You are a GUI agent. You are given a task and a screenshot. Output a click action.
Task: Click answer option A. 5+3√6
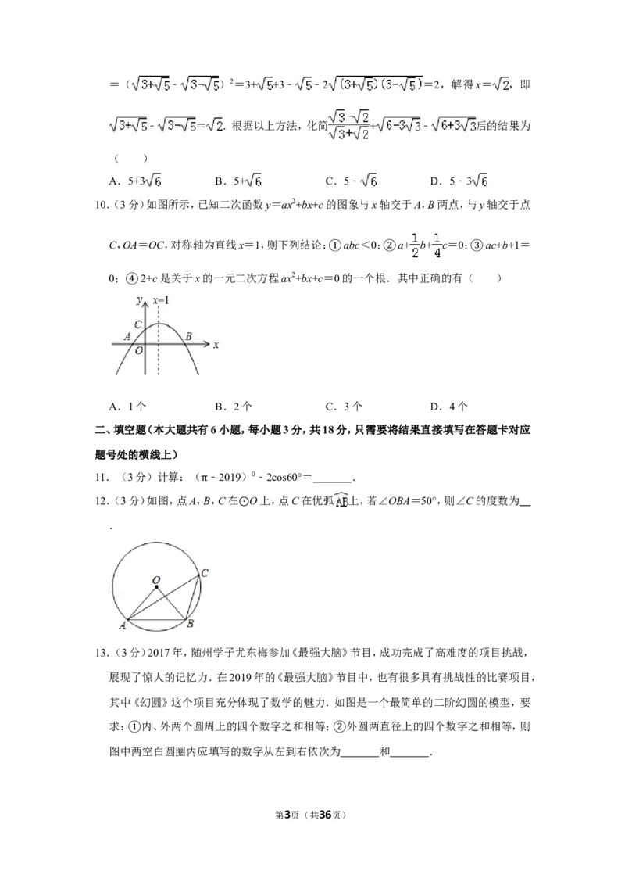point(135,181)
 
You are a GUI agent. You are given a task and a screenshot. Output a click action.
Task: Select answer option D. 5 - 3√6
point(459,181)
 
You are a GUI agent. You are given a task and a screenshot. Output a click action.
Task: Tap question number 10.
point(102,205)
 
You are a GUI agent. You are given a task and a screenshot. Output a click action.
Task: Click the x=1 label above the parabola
point(161,299)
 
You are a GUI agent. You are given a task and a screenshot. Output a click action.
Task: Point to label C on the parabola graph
point(137,324)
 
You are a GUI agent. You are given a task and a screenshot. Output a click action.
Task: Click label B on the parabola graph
point(188,336)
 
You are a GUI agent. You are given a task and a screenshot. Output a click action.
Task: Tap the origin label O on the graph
point(139,350)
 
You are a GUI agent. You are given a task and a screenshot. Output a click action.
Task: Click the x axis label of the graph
point(216,344)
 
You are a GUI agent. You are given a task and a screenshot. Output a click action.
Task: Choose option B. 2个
point(234,407)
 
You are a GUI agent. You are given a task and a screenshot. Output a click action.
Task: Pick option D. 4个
point(449,407)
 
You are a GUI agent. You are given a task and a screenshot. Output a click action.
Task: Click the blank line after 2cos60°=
point(332,482)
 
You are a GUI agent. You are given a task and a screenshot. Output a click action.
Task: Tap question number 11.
point(102,478)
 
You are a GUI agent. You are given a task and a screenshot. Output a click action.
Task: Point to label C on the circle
point(205,573)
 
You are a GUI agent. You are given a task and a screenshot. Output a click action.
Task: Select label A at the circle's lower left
point(122,625)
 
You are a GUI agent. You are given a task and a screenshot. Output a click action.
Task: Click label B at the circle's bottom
point(191,624)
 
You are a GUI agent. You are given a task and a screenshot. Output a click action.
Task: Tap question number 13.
point(102,653)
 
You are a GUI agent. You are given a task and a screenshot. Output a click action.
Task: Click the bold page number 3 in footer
point(287,815)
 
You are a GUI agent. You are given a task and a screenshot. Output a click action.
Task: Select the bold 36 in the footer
point(325,815)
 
